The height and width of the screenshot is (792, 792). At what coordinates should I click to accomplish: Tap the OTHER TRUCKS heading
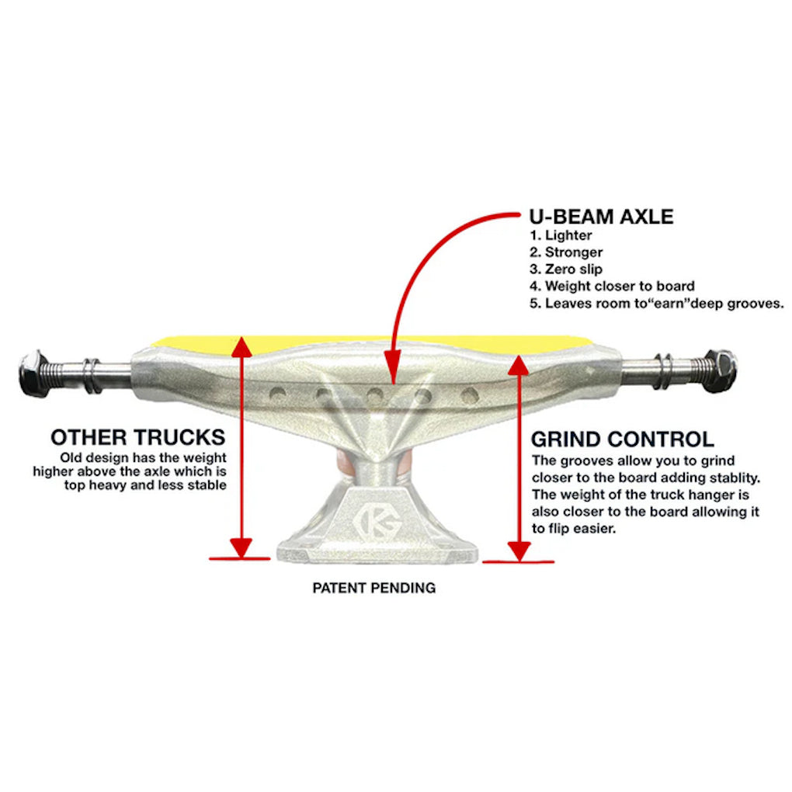point(137,436)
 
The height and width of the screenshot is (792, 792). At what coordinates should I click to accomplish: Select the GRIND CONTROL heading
point(622,439)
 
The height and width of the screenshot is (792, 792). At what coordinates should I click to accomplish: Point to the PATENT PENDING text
point(373,588)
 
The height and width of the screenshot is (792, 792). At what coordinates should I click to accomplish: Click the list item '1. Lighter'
point(561,235)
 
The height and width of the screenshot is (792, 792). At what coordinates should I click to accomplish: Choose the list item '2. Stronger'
point(566,252)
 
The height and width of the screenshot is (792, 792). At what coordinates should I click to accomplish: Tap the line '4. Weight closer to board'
point(612,287)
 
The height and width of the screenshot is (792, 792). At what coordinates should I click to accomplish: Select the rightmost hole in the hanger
point(468,394)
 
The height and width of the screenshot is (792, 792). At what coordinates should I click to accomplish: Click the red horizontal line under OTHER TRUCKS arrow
point(240,558)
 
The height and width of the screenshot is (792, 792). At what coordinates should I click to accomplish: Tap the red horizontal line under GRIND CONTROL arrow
point(518,560)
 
